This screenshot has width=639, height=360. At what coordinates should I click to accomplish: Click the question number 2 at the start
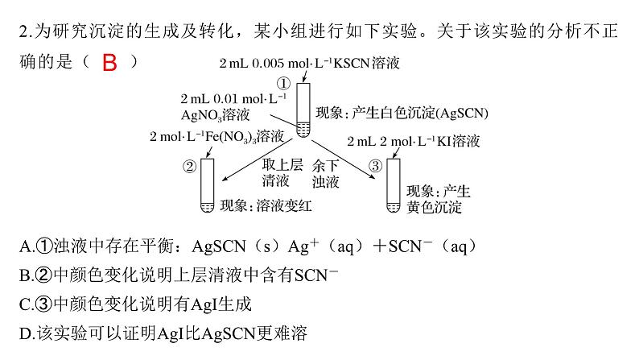[x=22, y=33]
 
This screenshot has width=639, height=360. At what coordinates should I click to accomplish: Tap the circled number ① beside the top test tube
[x=283, y=83]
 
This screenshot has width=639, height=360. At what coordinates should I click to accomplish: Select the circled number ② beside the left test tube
[x=190, y=167]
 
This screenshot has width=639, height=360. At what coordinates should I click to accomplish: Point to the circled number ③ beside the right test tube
[x=375, y=167]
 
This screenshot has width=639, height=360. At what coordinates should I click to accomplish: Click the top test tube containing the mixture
[x=303, y=110]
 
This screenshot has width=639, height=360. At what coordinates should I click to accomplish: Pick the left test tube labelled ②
[x=207, y=185]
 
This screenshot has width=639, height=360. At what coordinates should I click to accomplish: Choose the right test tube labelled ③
[x=394, y=185]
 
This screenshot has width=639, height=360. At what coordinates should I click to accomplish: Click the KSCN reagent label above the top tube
[x=310, y=62]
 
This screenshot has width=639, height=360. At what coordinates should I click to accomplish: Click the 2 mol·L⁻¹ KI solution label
[x=414, y=141]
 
